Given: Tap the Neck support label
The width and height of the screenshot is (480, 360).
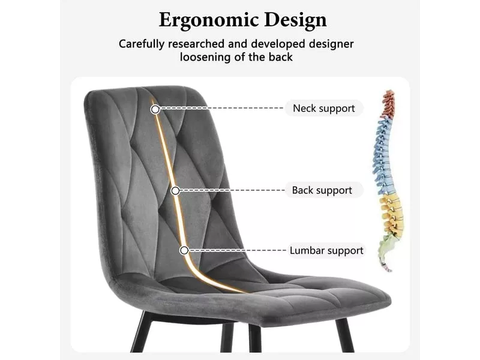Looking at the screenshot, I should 324,109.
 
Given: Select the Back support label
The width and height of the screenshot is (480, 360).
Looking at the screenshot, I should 322,190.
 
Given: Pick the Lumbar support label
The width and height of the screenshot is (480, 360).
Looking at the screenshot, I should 326,250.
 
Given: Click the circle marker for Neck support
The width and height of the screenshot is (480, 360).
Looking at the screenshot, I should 155,109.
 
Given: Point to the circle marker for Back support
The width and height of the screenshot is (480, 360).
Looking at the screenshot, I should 175,191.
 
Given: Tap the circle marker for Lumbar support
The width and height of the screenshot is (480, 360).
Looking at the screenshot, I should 184,250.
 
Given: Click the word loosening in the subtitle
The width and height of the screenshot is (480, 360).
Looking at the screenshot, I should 207,57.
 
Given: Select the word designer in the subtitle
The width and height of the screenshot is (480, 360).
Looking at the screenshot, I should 331,44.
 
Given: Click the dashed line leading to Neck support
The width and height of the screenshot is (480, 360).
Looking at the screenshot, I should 222,109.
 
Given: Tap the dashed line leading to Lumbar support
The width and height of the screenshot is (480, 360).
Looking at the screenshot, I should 237,250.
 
